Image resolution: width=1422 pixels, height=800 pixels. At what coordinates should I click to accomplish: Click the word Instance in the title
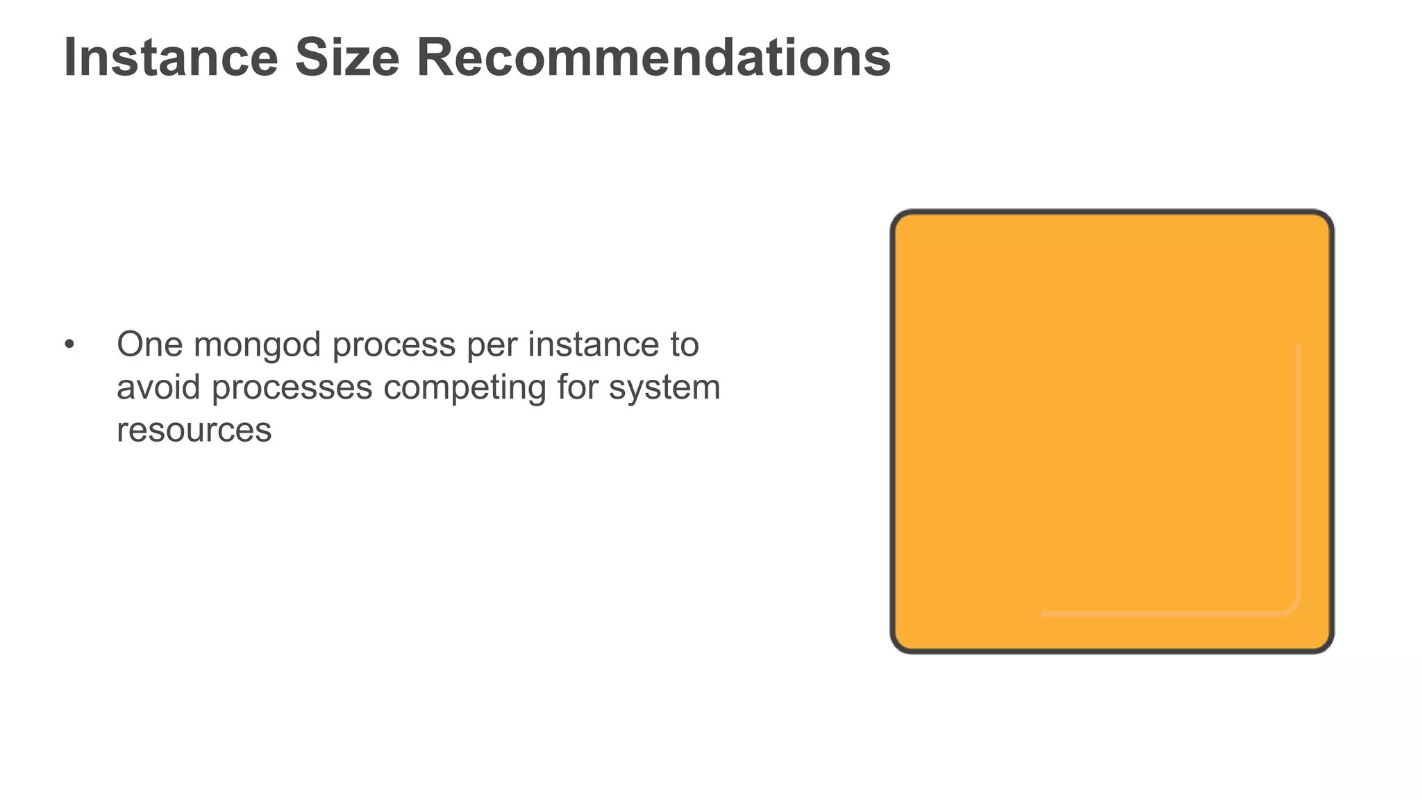[171, 58]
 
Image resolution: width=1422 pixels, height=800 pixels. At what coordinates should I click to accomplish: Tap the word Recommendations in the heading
[653, 58]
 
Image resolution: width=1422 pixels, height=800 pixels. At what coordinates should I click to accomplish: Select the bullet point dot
[69, 344]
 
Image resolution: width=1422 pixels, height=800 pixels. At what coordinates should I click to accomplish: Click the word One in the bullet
[149, 344]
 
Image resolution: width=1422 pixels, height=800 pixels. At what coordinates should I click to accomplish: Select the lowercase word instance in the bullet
[593, 344]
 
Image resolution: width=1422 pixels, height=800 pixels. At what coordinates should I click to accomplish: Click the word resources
[194, 430]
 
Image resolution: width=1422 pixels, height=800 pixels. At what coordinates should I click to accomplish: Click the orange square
[1111, 431]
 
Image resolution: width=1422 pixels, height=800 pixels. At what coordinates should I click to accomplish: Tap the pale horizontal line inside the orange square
[1160, 614]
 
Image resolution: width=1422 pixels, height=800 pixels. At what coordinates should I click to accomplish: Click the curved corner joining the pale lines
[1293, 608]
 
